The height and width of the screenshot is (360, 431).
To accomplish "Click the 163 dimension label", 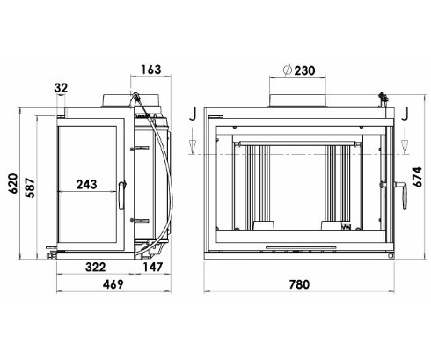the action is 151,70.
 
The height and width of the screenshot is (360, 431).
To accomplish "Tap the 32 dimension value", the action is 61,88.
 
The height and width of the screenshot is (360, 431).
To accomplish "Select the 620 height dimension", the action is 13,183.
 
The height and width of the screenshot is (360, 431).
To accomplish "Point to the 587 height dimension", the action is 30,187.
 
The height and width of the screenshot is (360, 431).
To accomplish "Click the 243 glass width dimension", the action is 86,184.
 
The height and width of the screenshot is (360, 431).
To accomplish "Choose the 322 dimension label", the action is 96,268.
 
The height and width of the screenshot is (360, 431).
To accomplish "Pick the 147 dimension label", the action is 152,267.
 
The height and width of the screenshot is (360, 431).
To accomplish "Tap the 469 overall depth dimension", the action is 113,284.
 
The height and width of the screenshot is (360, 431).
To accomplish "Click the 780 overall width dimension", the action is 299,284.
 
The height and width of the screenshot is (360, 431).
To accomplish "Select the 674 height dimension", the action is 417,177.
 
